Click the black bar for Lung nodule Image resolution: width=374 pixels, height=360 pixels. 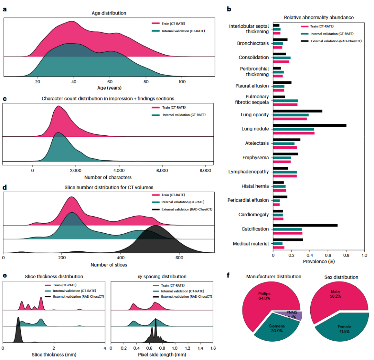click(310, 125)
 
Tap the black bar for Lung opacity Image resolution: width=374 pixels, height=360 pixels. click(297, 111)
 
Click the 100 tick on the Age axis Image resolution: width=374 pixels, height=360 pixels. click(182, 82)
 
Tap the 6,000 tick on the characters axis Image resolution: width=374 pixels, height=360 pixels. click(162, 170)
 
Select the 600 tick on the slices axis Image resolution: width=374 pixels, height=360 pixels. click(179, 258)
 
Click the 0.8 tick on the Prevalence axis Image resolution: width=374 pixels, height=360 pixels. click(346, 255)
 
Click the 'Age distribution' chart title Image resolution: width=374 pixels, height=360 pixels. click(109, 13)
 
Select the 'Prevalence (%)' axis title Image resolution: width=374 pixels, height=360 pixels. click(319, 261)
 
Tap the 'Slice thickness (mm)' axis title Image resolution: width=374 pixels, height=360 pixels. click(54, 354)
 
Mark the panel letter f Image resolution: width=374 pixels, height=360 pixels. click(228, 276)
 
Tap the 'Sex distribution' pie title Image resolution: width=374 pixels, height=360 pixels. click(342, 277)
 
